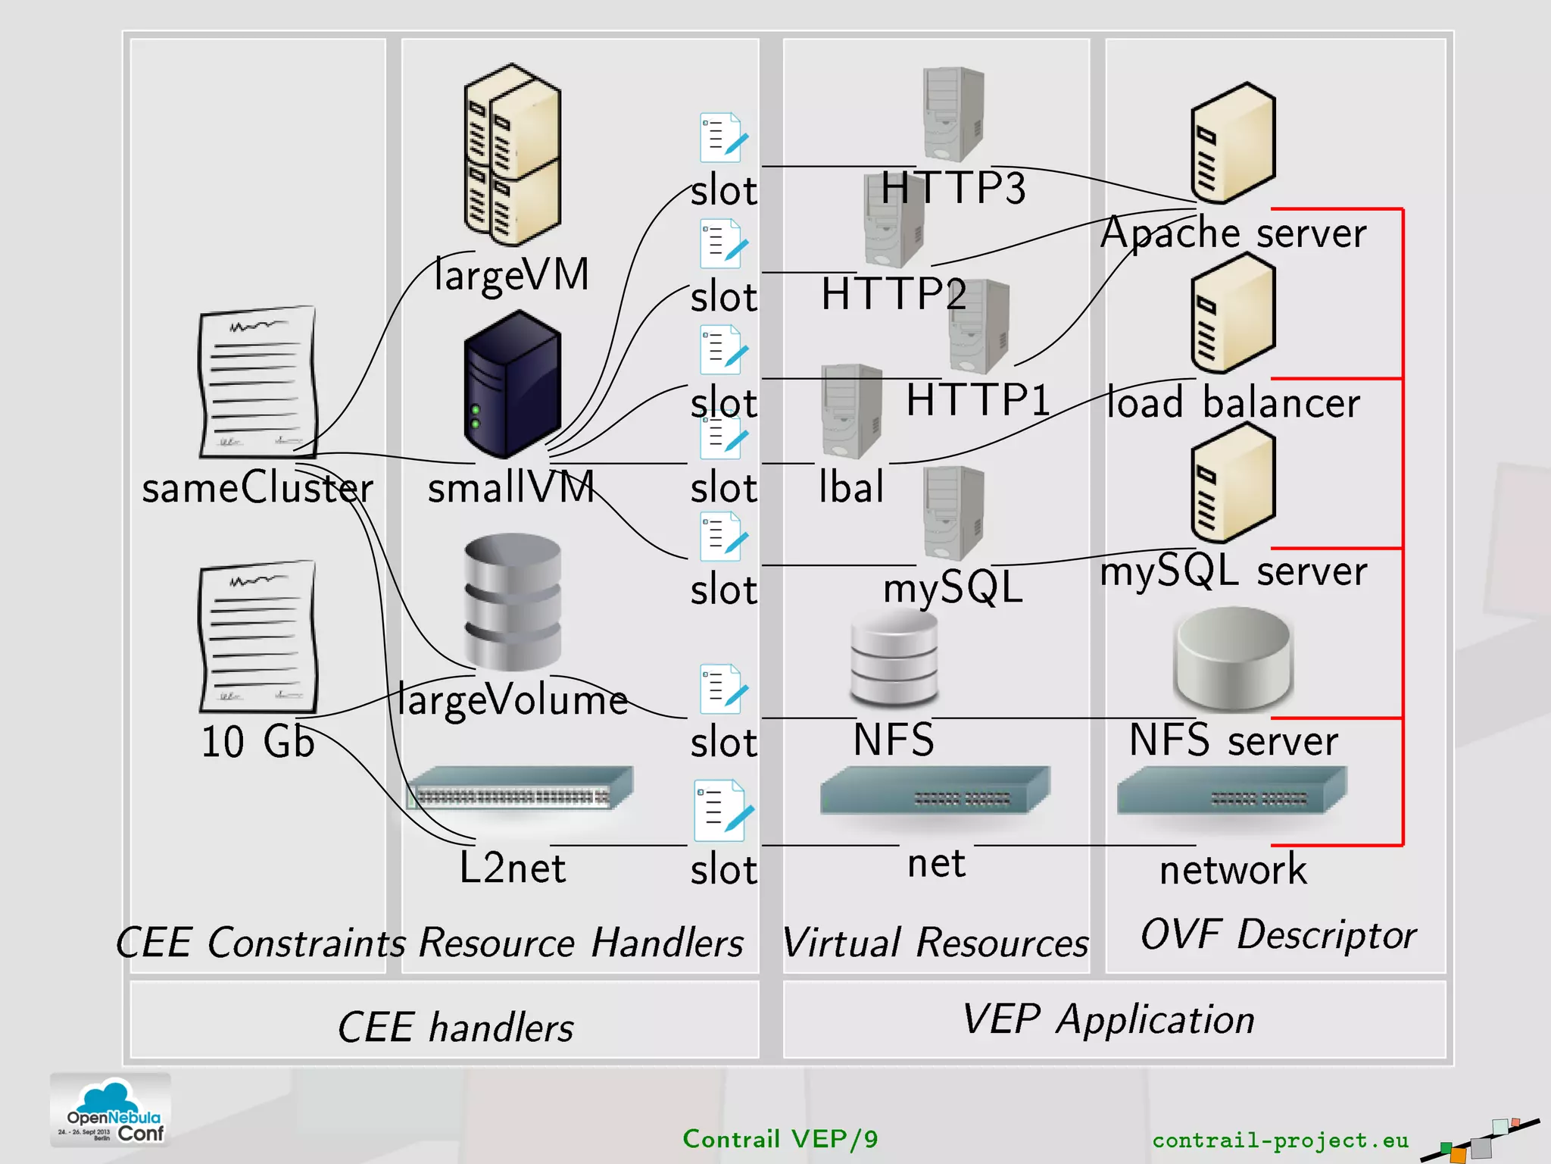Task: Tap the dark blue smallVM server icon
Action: tap(512, 385)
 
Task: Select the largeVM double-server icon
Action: tap(512, 155)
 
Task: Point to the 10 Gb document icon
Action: tap(257, 637)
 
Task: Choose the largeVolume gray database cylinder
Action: tap(513, 602)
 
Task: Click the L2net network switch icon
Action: tap(520, 788)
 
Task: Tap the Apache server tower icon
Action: tap(1233, 144)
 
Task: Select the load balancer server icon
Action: tap(1233, 314)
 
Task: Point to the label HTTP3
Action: tap(953, 188)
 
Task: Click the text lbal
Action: tap(851, 487)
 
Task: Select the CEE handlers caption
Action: tap(455, 1028)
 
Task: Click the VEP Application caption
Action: tap(1108, 1019)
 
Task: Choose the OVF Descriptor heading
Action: tap(1278, 934)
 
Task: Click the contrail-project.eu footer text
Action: tap(1280, 1140)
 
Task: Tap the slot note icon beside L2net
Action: tap(724, 810)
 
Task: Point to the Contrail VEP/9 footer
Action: tap(780, 1139)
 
